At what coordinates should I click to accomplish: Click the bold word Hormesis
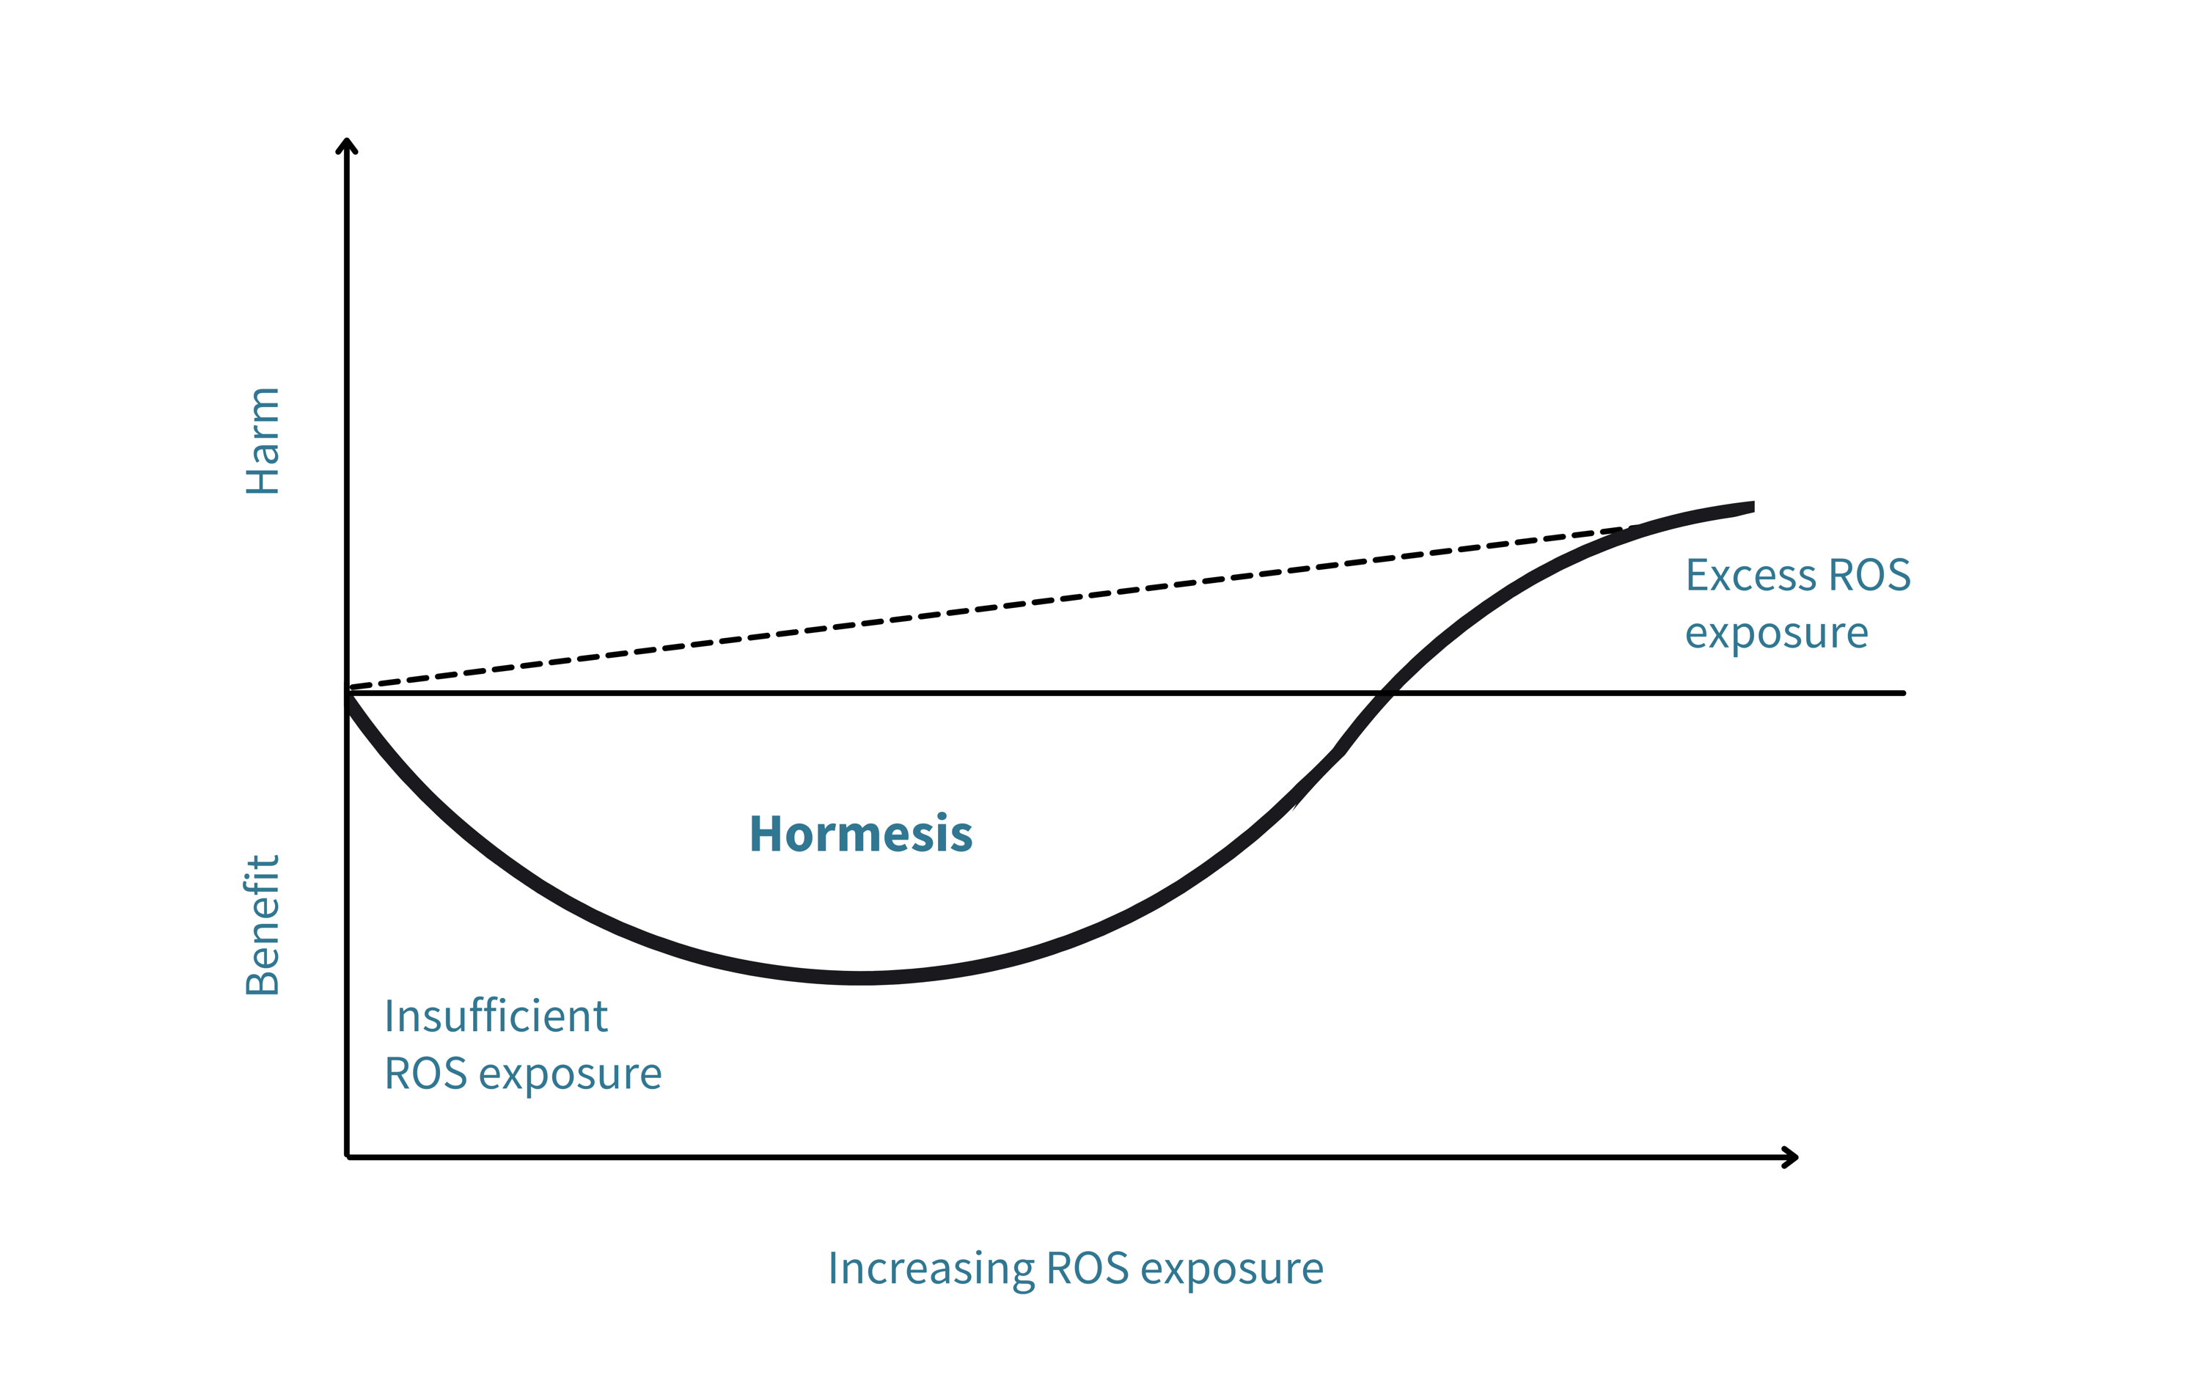[861, 833]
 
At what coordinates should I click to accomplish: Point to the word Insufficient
[496, 1016]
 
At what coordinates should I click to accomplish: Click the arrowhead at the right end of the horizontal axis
[1791, 1156]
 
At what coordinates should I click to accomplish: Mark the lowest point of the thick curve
[862, 978]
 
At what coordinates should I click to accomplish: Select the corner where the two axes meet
[348, 1156]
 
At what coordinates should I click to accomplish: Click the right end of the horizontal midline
[1904, 693]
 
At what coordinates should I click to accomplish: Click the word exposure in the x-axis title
[1232, 1270]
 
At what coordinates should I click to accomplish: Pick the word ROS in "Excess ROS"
[1870, 575]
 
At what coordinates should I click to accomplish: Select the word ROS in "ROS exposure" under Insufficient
[425, 1074]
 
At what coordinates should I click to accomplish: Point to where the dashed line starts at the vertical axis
[348, 688]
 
